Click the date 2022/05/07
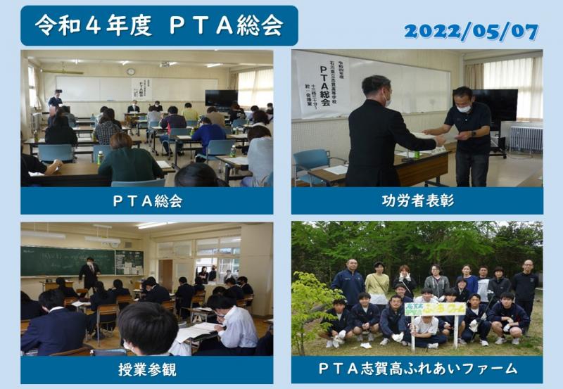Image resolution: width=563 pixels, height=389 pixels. pos(471,32)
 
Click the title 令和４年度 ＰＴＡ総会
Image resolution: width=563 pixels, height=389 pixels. pos(160,25)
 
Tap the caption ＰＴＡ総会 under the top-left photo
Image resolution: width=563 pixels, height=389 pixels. pos(147,201)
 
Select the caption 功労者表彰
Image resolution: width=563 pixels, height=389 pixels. pos(417,201)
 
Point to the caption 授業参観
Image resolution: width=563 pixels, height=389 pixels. pos(147,369)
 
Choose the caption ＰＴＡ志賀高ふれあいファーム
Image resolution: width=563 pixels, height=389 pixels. pos(417,369)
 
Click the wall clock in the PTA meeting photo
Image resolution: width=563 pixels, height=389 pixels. pos(131,71)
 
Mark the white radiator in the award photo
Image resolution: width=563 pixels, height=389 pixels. pos(526,139)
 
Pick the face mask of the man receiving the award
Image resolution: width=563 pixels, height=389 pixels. pos(464,108)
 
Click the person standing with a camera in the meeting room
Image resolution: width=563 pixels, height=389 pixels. pos(55,102)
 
